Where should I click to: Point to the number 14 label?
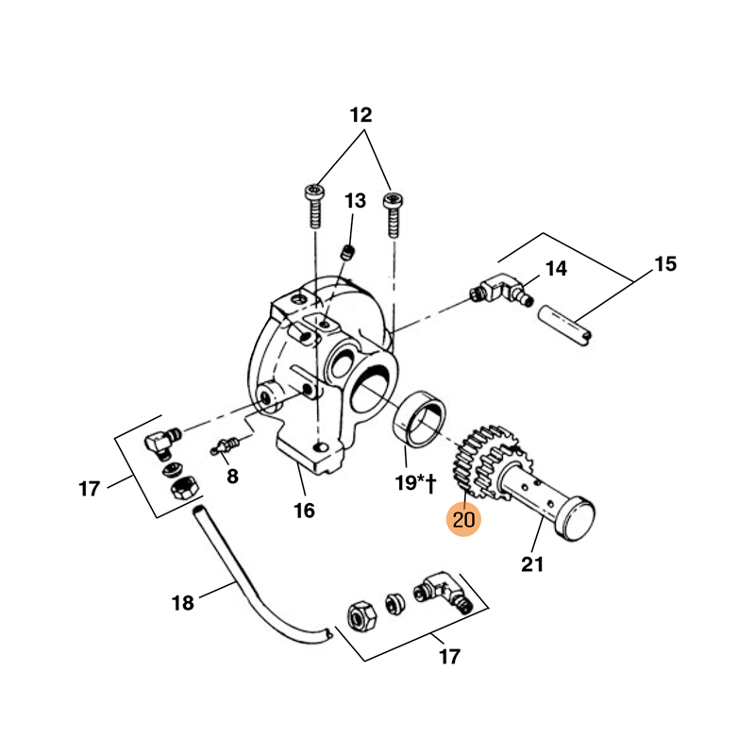pyautogui.click(x=556, y=269)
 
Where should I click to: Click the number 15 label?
pyautogui.click(x=665, y=264)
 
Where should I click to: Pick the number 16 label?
pyautogui.click(x=304, y=511)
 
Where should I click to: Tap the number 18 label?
pyautogui.click(x=182, y=602)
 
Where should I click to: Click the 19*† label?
pyautogui.click(x=414, y=484)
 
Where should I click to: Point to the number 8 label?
pyautogui.click(x=232, y=476)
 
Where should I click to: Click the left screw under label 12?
pyautogui.click(x=314, y=205)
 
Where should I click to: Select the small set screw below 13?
pyautogui.click(x=346, y=252)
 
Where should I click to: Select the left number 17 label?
pyautogui.click(x=89, y=489)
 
